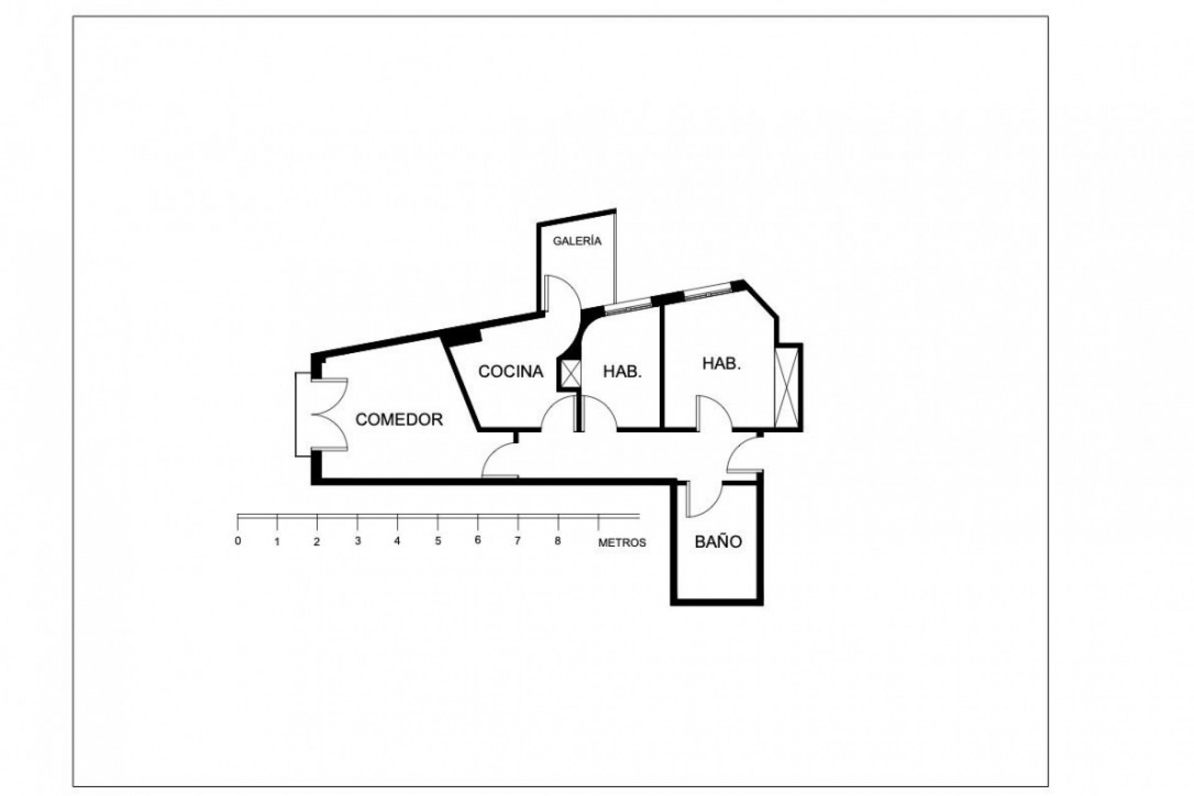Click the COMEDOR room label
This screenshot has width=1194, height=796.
pos(399,420)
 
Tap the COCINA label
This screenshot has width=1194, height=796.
pos(511,372)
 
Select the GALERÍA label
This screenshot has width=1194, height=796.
pos(578,241)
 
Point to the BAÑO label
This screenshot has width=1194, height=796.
pos(718,542)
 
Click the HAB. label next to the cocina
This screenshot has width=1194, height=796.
pos(622,372)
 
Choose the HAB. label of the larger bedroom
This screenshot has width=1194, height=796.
pos(721,364)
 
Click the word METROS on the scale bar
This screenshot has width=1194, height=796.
pos(622,543)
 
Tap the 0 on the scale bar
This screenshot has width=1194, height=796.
pos(238,541)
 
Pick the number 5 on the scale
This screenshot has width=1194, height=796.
pos(438,541)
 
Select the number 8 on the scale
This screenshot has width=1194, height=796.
pos(558,541)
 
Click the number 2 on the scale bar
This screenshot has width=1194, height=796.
pos(317,542)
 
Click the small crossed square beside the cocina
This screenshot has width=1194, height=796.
pos(570,373)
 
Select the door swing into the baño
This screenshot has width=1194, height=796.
pos(703,497)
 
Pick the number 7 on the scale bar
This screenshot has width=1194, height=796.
pos(517,541)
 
